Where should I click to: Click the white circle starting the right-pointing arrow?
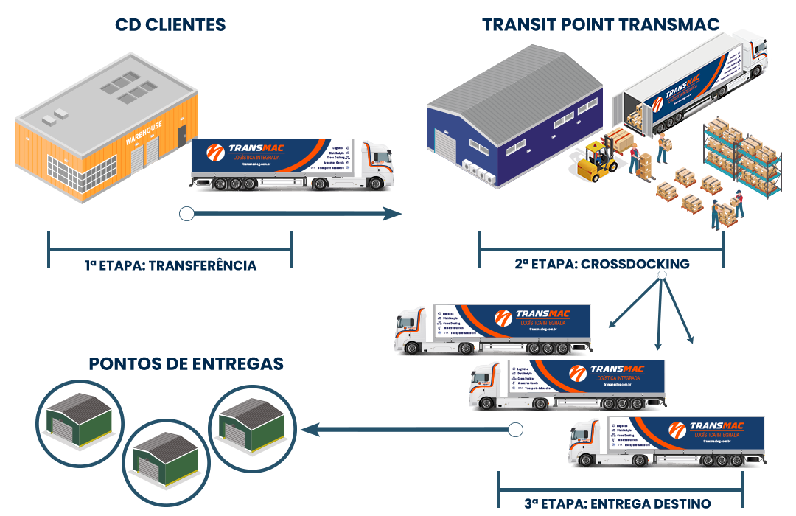coord(186,214)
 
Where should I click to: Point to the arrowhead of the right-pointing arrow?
coord(394,214)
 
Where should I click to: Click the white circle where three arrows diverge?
coord(662,276)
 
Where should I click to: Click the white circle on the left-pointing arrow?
coord(515,429)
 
